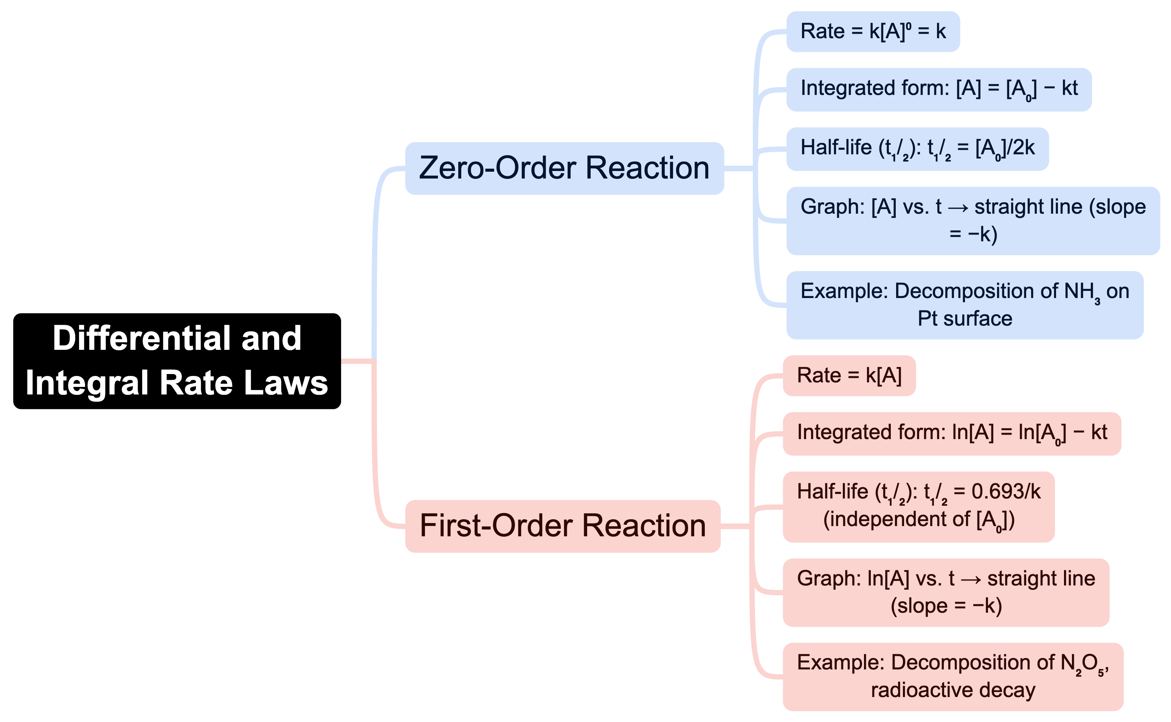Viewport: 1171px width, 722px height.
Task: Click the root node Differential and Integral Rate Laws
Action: [177, 361]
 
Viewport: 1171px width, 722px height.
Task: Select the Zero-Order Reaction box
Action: [564, 168]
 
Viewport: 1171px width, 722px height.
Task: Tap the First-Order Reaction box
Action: [562, 526]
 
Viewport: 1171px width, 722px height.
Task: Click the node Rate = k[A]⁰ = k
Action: [873, 31]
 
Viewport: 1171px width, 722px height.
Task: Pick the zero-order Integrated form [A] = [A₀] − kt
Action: [938, 89]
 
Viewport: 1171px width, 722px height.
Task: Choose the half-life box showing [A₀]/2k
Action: [917, 149]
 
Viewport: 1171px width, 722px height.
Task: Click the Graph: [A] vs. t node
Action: [973, 220]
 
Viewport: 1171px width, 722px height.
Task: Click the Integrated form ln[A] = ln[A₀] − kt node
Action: [951, 433]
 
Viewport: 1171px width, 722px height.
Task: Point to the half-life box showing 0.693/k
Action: [918, 507]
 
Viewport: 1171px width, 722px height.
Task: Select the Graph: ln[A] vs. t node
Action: [946, 592]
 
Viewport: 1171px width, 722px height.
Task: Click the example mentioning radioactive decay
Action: [952, 676]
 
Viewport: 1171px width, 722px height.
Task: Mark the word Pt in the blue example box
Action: [927, 318]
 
